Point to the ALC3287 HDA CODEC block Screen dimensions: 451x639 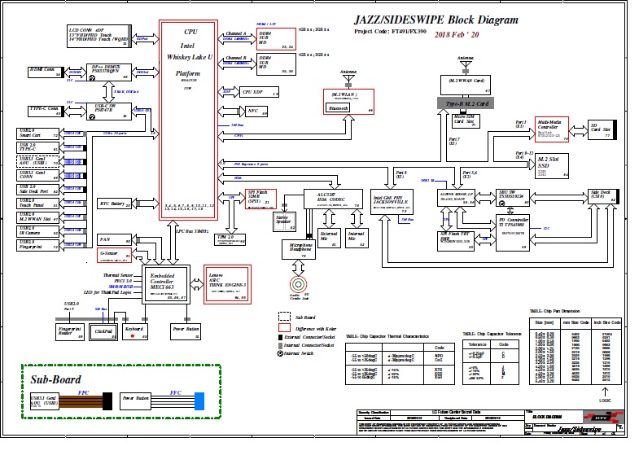326,199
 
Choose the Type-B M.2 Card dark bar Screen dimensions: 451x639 466,104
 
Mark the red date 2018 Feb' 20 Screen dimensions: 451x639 457,35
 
